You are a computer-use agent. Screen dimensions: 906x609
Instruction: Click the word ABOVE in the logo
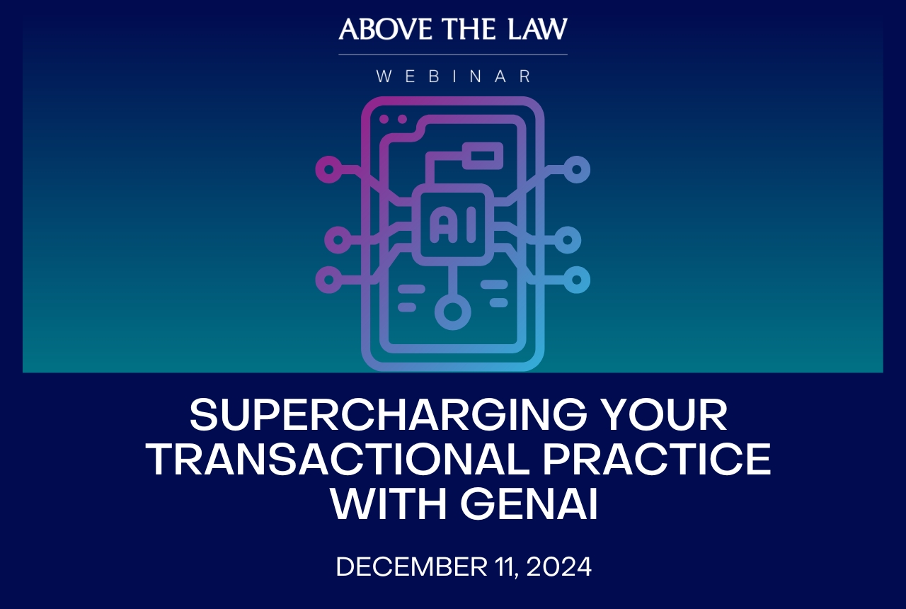386,29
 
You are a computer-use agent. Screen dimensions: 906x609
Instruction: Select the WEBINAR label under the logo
454,76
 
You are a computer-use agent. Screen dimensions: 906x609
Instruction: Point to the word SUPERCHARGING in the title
388,415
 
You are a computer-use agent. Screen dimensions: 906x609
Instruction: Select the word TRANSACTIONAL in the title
339,459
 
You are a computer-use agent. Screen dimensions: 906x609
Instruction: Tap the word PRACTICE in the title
657,459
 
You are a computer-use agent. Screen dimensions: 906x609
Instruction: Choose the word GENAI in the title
529,503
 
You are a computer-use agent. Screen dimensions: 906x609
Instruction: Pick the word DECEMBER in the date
412,567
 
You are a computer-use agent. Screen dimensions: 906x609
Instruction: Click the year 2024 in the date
559,567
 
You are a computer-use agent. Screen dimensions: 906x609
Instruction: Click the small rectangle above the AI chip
483,156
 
